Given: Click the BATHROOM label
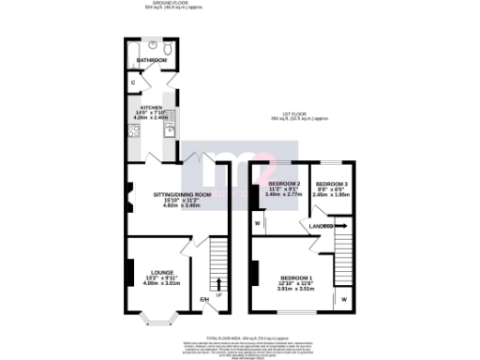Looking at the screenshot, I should click(151, 60).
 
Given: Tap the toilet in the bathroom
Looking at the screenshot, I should click(165, 49).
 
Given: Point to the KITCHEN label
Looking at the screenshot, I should click(152, 108).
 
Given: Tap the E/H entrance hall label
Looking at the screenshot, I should click(203, 301).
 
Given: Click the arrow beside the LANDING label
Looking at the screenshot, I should click(339, 226).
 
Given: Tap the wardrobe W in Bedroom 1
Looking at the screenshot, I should click(344, 299).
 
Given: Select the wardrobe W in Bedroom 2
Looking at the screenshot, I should click(257, 223).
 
